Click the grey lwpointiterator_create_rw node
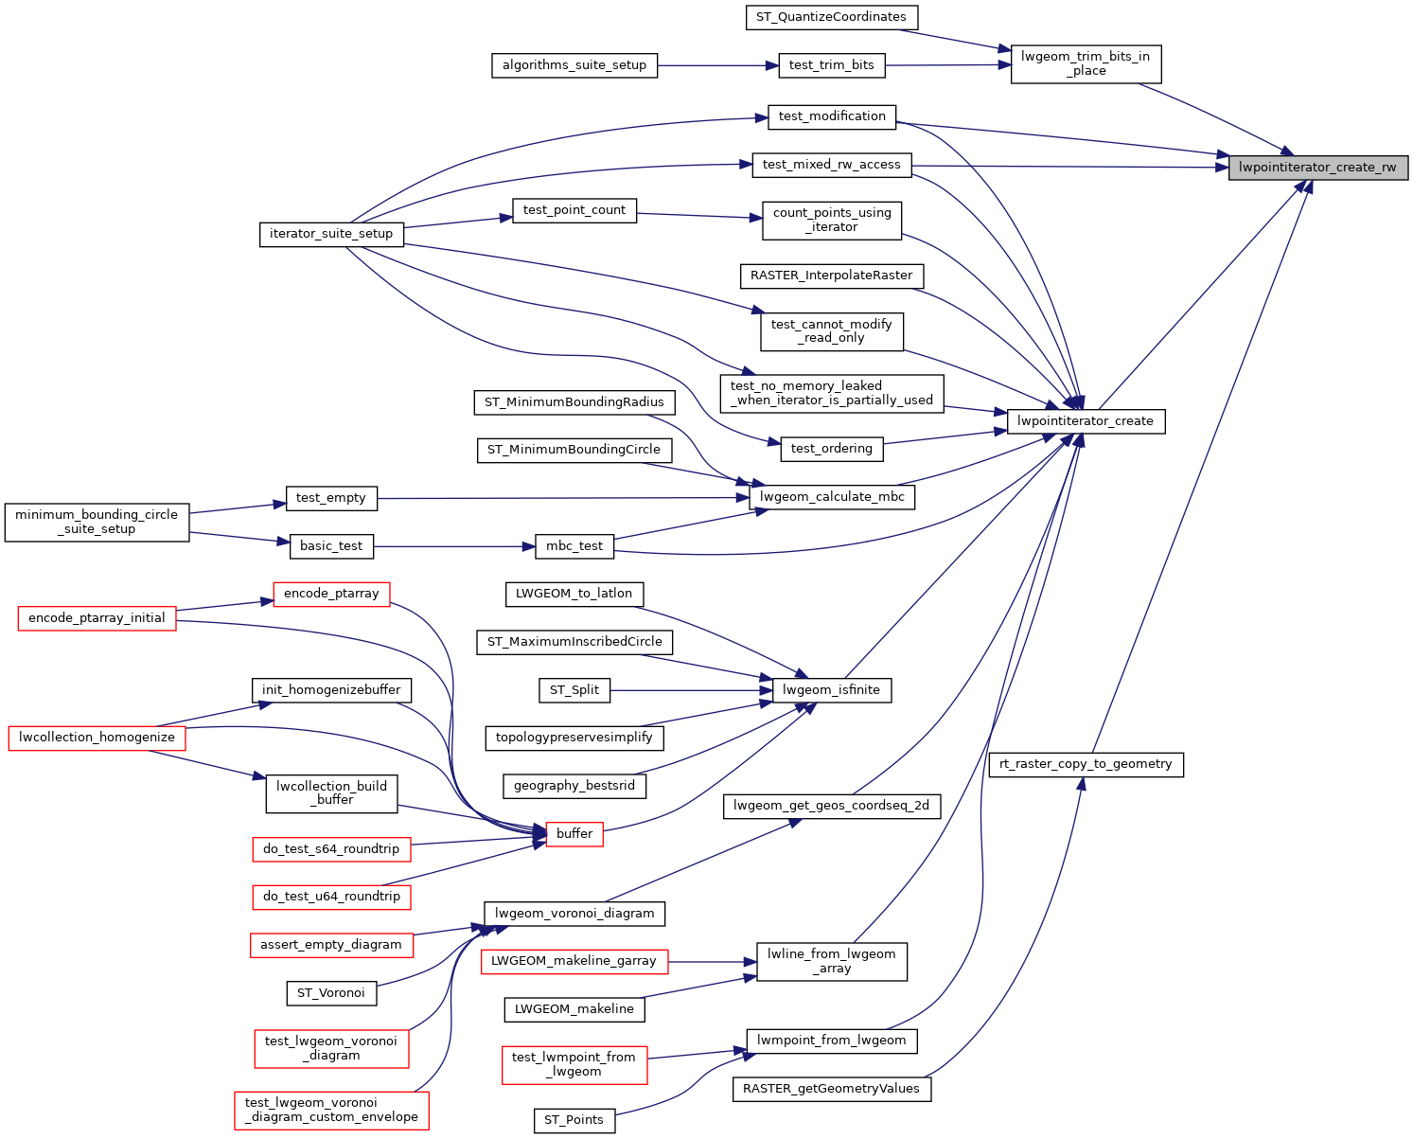click(x=1317, y=168)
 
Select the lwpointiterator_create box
click(x=1085, y=421)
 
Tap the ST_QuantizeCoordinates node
click(x=831, y=17)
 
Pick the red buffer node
click(x=574, y=834)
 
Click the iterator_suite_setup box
click(x=331, y=234)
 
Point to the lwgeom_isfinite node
click(x=831, y=690)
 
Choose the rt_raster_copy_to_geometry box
click(x=1086, y=764)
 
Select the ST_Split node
click(x=574, y=690)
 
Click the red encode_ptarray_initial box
click(x=97, y=618)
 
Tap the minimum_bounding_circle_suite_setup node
click(x=97, y=522)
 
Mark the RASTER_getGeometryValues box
click(x=831, y=1089)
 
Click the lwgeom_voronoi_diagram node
click(x=574, y=914)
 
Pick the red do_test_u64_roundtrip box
click(x=331, y=897)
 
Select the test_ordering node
click(x=831, y=449)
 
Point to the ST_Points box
click(x=574, y=1120)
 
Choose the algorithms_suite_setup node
click(x=574, y=65)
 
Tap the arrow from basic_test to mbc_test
click(x=454, y=546)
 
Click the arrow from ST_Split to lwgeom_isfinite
click(x=691, y=690)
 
